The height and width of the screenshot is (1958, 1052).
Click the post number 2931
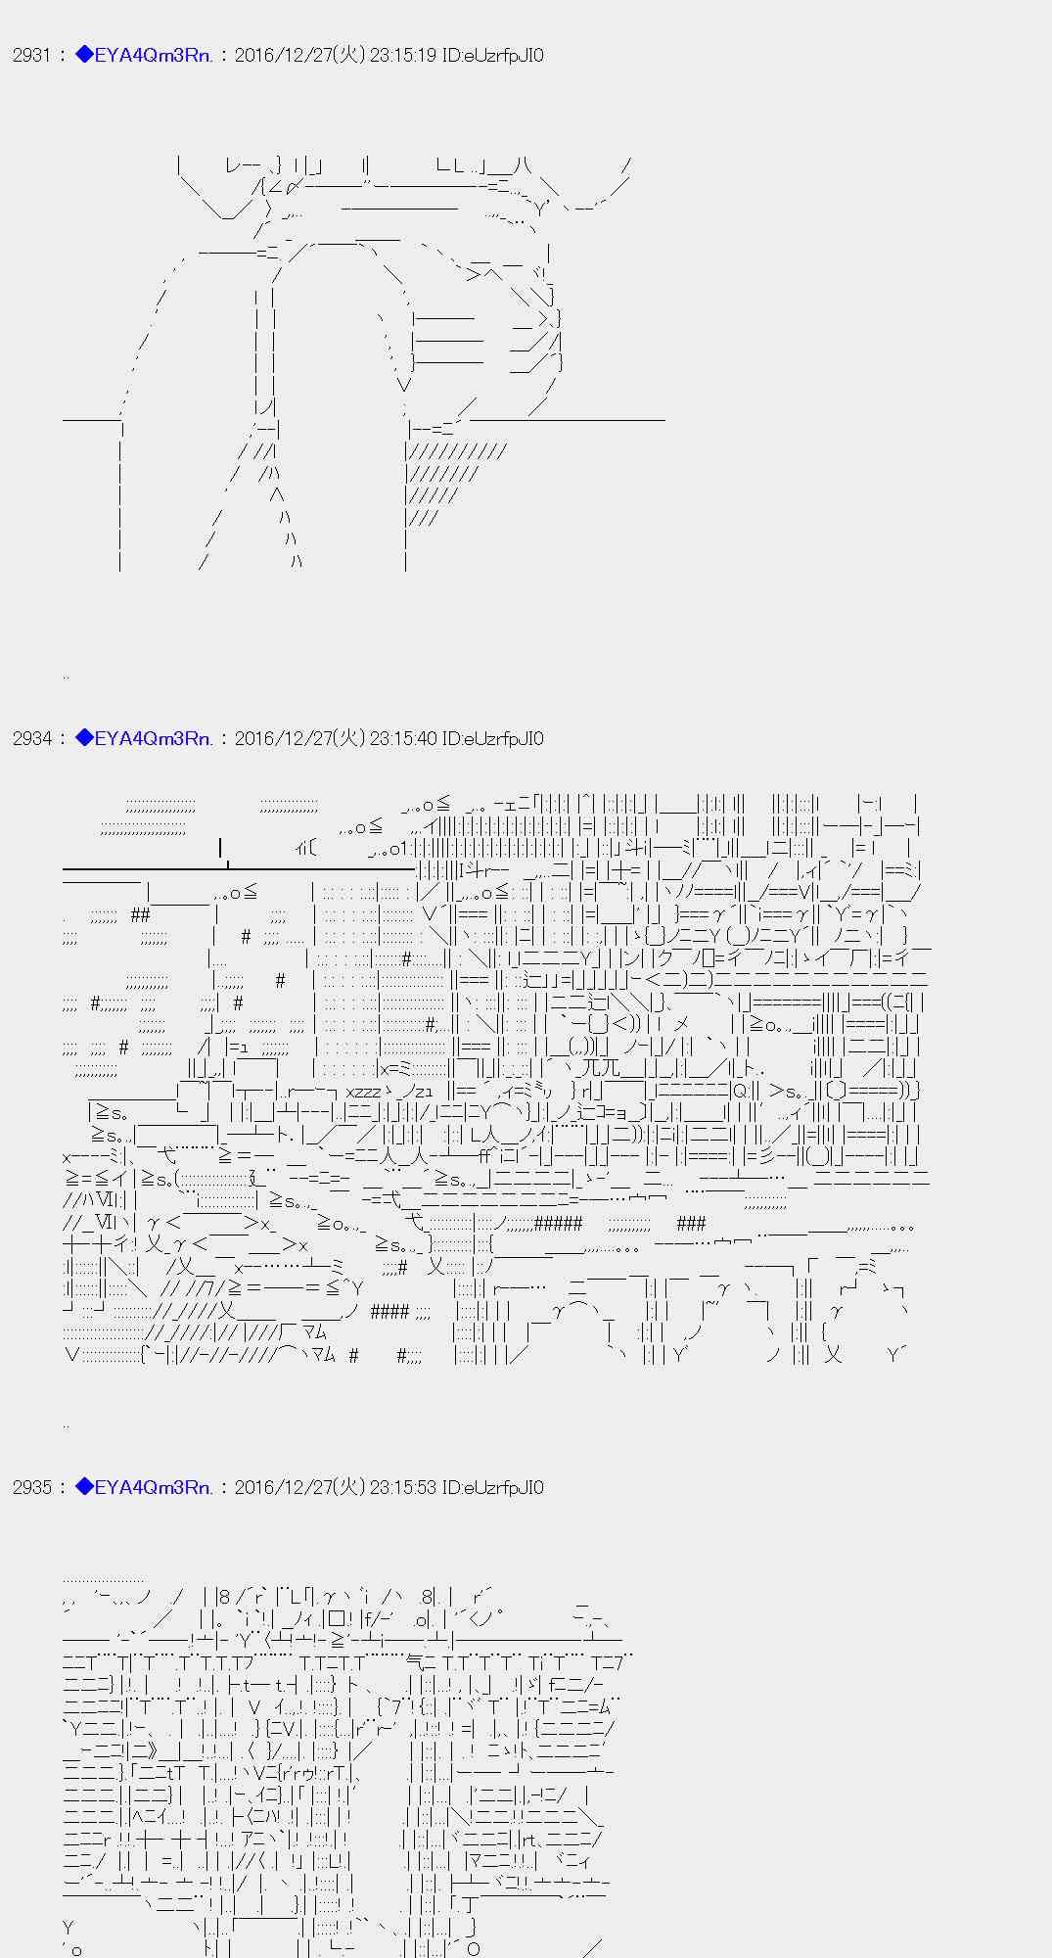click(x=31, y=56)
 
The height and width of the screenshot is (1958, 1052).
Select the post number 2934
click(x=31, y=739)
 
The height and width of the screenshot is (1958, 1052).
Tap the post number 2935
click(x=31, y=1488)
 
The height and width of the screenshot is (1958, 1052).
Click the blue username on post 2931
click(x=144, y=56)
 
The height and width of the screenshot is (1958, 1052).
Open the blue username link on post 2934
click(x=144, y=739)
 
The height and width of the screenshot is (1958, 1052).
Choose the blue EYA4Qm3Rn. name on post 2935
click(x=144, y=1488)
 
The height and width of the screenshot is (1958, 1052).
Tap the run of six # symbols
click(x=558, y=1223)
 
